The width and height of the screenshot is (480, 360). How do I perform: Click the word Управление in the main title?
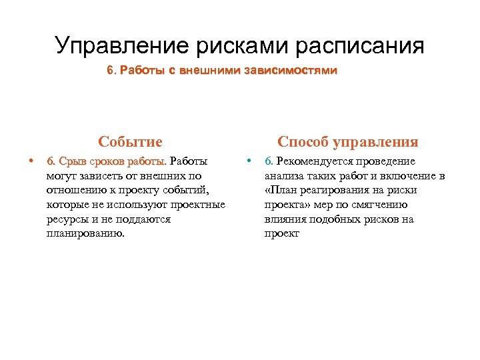[123, 46]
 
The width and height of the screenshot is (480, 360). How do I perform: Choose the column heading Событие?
[130, 141]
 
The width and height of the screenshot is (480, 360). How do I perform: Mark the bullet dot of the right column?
[249, 161]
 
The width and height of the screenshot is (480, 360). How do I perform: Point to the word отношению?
[75, 191]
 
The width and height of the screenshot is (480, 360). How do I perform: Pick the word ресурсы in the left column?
[65, 219]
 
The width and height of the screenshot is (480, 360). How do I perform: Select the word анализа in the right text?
[284, 176]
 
